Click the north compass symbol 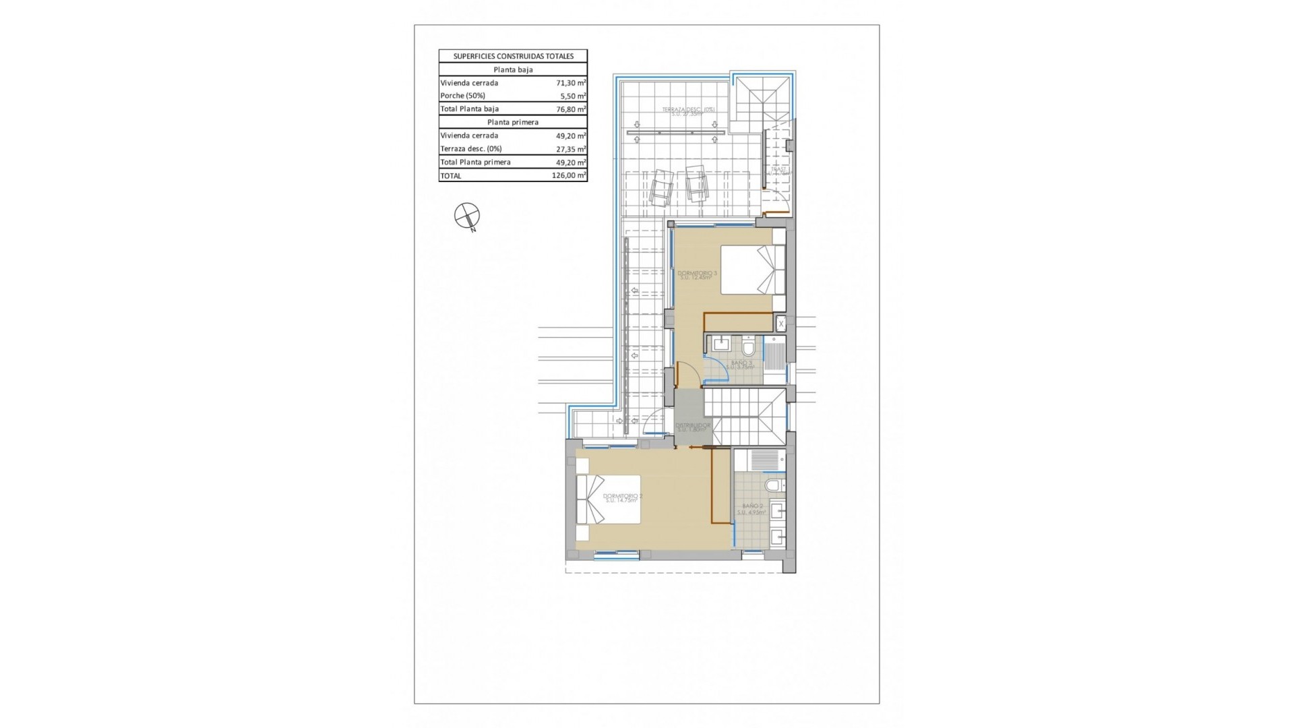tap(467, 216)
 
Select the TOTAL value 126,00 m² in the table tap(569, 176)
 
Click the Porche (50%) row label tap(462, 96)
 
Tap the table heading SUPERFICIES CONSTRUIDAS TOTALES tap(513, 57)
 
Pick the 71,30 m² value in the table tap(570, 83)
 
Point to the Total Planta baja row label tap(469, 109)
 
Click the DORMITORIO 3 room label tap(698, 275)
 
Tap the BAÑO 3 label tap(742, 365)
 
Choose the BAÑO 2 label tap(752, 508)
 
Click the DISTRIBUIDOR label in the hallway tap(693, 427)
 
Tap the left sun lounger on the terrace tap(661, 185)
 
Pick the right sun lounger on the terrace tap(697, 183)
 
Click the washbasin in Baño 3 tap(720, 344)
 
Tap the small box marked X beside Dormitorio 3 tap(781, 324)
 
